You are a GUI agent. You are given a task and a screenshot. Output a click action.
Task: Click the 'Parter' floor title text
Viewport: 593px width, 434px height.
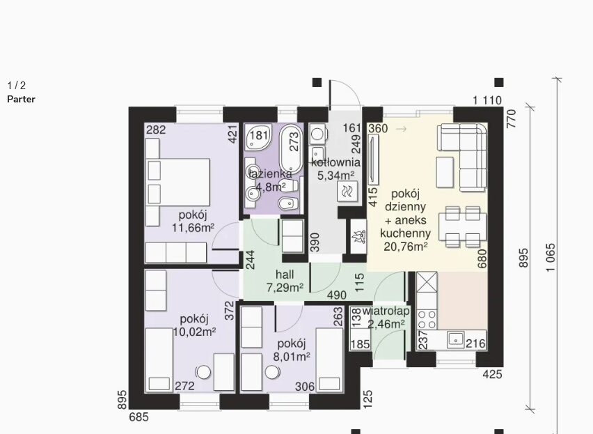[21, 99]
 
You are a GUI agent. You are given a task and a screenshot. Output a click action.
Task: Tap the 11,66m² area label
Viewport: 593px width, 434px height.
[193, 228]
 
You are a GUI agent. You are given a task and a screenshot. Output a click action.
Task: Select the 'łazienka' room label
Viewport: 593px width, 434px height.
[270, 173]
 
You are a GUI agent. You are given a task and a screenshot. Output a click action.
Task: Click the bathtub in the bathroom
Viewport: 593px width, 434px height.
[291, 148]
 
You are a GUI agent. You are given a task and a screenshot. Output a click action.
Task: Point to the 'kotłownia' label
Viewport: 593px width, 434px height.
[335, 163]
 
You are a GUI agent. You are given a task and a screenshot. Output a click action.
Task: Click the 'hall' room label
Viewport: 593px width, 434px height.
[285, 274]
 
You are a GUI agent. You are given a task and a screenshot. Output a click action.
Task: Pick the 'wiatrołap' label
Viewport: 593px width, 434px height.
[386, 311]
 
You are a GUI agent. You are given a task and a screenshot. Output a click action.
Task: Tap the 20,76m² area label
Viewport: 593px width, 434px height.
[405, 247]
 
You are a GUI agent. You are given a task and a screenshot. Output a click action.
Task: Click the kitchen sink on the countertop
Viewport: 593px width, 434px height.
[456, 339]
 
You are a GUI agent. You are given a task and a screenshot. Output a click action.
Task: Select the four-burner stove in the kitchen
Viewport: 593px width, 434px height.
[427, 320]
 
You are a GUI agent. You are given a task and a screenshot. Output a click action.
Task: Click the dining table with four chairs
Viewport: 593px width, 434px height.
[463, 226]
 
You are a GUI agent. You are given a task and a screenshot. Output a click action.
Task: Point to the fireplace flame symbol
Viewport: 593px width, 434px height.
[358, 237]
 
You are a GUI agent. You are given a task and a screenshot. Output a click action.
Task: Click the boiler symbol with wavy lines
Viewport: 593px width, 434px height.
[347, 191]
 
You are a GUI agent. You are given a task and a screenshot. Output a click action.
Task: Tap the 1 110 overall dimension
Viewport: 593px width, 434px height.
[487, 100]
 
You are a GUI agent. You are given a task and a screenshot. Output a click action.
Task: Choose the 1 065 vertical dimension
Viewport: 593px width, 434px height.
[551, 257]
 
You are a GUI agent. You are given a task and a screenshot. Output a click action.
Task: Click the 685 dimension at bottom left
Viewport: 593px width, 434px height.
[139, 417]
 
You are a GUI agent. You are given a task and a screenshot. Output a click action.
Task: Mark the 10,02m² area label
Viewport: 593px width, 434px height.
[194, 332]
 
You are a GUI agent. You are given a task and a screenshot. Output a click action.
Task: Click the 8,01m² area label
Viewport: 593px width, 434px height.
[291, 357]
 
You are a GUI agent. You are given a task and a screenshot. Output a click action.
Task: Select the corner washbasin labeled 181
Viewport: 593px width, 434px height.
[258, 137]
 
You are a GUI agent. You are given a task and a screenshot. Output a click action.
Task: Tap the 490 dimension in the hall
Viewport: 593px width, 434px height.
[336, 295]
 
